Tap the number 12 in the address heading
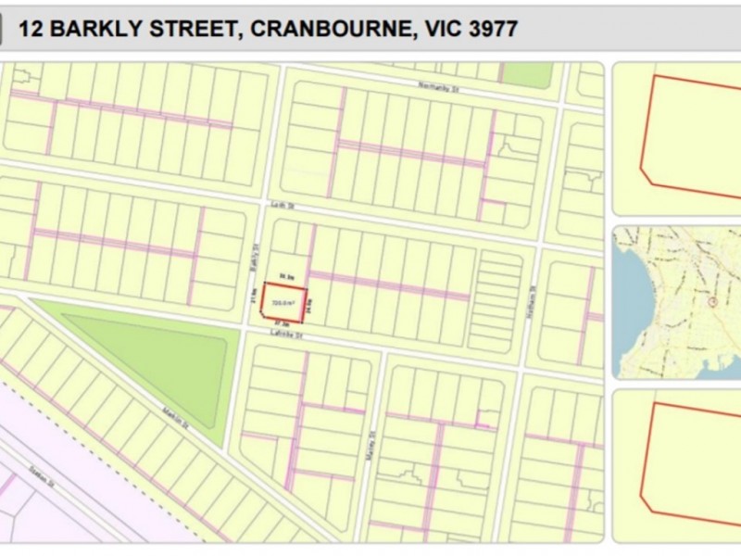30,29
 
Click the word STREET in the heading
195,29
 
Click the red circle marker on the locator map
711,302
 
